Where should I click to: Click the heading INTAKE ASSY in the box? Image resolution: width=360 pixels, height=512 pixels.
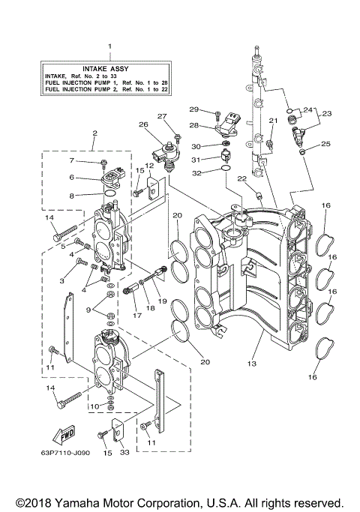109,67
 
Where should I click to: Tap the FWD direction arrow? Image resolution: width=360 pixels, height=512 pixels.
63,436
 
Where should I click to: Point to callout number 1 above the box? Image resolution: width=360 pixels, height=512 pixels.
109,46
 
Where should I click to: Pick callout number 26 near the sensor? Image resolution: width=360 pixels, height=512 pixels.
143,124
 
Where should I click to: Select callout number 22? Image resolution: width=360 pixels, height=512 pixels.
242,178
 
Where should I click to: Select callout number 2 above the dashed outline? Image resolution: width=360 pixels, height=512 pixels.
94,134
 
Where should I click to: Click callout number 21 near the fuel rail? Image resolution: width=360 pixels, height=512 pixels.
274,121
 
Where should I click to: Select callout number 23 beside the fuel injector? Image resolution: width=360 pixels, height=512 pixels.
326,114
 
